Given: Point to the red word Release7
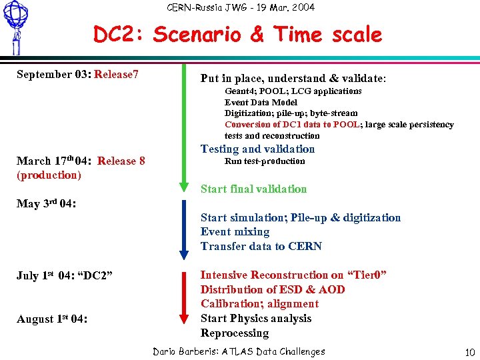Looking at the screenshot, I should (x=117, y=74).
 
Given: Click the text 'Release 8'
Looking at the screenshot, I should (x=121, y=161).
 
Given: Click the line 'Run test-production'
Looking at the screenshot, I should (x=265, y=161).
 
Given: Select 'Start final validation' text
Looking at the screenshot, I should (x=253, y=189).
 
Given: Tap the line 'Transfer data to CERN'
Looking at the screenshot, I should (x=261, y=247).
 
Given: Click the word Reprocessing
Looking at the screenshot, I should (x=235, y=333).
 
